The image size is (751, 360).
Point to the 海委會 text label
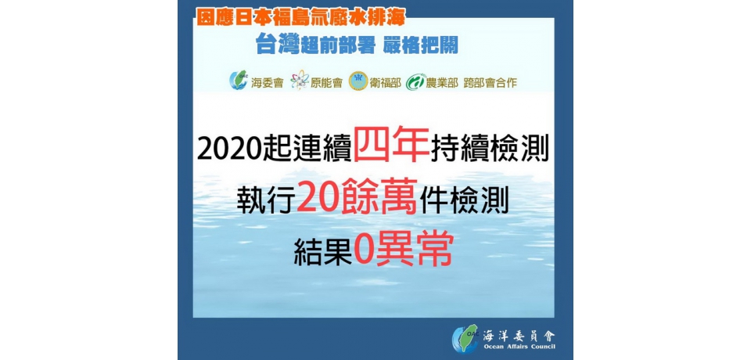[x=267, y=81]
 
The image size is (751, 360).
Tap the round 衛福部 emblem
[x=358, y=81]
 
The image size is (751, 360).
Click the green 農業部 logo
[x=415, y=81]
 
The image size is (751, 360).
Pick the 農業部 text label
[x=443, y=81]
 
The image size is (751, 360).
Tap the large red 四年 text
[x=391, y=146]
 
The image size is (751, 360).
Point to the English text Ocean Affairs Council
[x=519, y=347]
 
